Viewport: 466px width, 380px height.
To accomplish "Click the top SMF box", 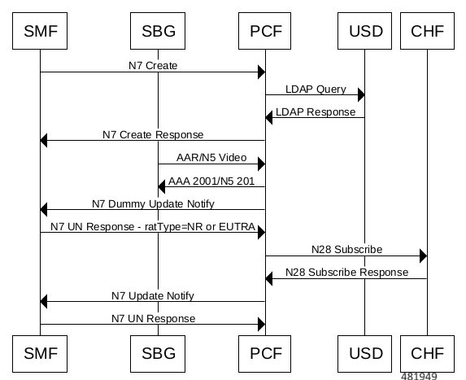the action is (40, 31).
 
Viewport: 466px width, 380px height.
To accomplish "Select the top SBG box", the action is (158, 31).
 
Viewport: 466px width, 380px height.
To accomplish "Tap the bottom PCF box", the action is (264, 354).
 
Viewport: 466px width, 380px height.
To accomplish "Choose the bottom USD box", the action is (364, 354).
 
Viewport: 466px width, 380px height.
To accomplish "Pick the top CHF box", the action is (427, 31).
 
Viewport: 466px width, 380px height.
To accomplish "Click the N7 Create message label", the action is (153, 65).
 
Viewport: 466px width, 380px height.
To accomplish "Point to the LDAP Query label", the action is (316, 90).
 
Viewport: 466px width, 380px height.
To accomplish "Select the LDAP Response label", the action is (316, 112).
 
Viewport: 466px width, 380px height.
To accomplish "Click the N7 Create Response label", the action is (153, 135).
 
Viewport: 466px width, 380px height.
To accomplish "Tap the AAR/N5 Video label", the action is (211, 158).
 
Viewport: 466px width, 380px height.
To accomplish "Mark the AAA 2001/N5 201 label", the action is (211, 181).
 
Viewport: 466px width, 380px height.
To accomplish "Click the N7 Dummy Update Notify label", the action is (153, 204).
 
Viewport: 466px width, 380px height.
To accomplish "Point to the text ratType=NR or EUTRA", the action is (200, 227).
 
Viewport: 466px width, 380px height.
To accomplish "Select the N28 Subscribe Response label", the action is (346, 273).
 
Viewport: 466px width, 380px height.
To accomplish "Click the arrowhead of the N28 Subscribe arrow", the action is (423, 256).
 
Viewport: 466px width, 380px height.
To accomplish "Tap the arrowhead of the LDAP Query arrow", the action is (361, 95).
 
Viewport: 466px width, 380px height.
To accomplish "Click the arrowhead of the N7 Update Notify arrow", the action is (44, 302).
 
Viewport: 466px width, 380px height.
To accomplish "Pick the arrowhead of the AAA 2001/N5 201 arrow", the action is (161, 186).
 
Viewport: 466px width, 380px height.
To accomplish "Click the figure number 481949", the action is (419, 376).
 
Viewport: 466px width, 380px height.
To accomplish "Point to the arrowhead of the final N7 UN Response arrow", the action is (262, 325).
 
